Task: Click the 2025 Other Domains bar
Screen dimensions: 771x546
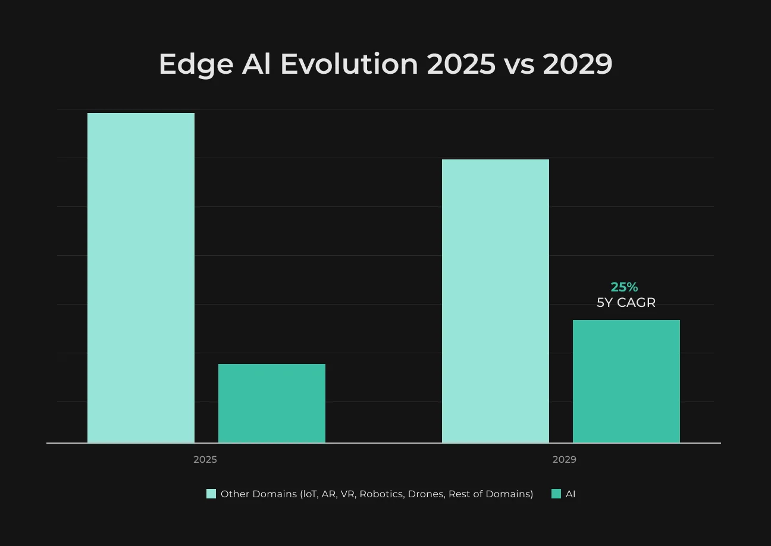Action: [141, 278]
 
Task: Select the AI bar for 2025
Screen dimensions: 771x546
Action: [271, 403]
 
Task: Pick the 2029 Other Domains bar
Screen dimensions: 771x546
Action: [496, 301]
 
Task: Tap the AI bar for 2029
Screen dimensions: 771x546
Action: [626, 381]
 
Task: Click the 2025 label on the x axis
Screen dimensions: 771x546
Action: [205, 460]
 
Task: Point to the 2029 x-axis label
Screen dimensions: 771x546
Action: [564, 460]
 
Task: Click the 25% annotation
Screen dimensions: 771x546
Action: [624, 287]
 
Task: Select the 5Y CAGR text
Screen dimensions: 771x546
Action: [626, 303]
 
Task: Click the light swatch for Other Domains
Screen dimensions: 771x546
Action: [211, 494]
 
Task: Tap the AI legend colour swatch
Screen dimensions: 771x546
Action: [556, 494]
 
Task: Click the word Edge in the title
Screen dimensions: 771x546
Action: [196, 65]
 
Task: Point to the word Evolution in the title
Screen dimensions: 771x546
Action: [349, 64]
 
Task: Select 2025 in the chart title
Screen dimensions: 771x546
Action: [461, 64]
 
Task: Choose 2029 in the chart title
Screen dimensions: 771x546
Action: [578, 64]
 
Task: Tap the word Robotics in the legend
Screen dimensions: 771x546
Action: [382, 494]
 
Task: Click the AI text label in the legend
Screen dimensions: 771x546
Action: [571, 494]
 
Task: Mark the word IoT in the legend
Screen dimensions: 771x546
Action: [309, 494]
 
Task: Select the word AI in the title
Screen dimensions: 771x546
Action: [256, 64]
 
